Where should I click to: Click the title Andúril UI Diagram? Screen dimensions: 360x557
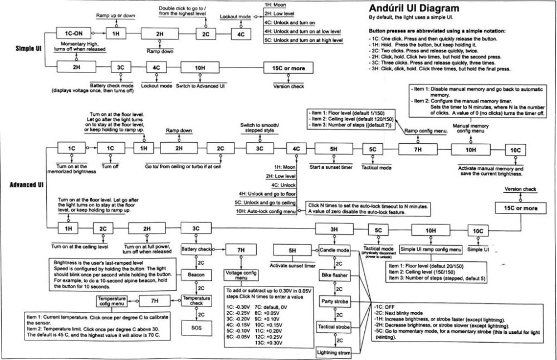point(414,8)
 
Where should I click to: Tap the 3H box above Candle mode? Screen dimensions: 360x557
point(333,229)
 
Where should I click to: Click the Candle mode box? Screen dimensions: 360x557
point(334,250)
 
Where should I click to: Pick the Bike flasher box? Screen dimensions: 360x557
point(334,276)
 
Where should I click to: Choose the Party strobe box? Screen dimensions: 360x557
point(334,301)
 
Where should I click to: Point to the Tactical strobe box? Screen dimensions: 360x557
point(334,327)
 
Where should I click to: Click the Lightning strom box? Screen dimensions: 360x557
point(334,352)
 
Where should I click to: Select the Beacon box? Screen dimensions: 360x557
point(196,276)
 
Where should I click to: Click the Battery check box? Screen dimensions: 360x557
point(196,249)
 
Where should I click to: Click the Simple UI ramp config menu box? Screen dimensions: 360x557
point(431,249)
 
